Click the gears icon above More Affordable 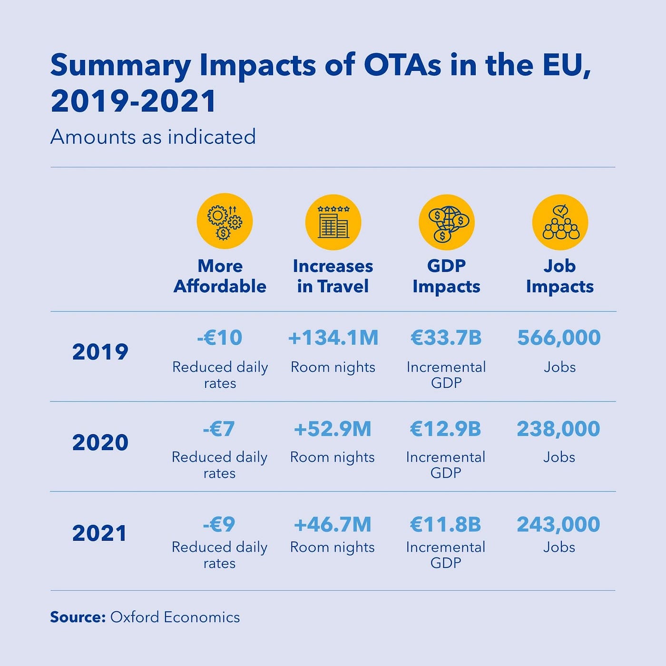click(225, 221)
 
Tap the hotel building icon click(333, 222)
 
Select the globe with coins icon click(447, 222)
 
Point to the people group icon click(560, 222)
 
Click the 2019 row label click(100, 352)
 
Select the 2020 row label click(100, 442)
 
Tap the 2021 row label click(100, 533)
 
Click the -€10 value click(220, 338)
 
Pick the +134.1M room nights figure click(333, 338)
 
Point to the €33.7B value click(446, 338)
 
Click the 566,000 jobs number click(559, 338)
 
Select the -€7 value click(219, 429)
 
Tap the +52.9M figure click(333, 429)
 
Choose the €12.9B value click(446, 429)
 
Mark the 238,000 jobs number click(558, 429)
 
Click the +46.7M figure click(333, 524)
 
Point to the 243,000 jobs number click(558, 524)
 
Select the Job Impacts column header click(560, 276)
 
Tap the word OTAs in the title click(402, 65)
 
